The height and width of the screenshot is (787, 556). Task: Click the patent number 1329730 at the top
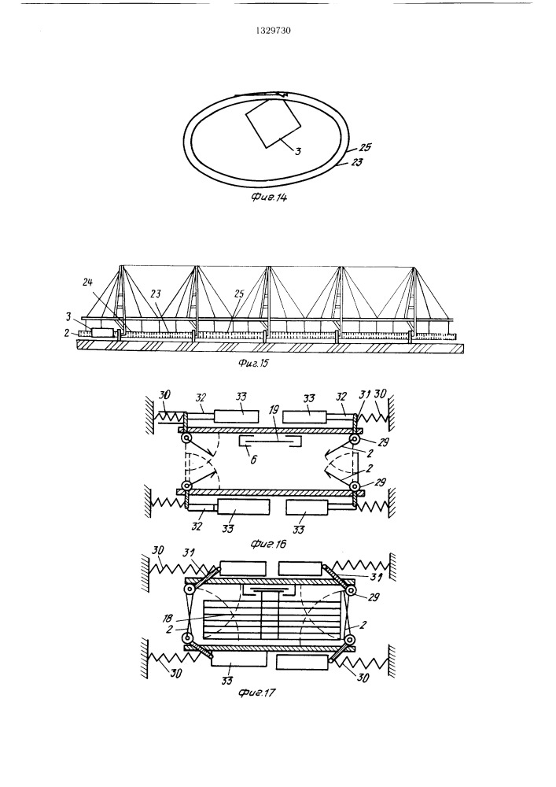point(273,31)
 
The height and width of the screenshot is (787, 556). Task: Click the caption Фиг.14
point(269,198)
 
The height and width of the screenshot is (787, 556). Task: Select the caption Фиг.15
point(253,362)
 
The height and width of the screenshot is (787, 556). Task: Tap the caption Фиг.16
point(267,544)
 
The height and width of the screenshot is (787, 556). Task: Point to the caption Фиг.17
point(258,693)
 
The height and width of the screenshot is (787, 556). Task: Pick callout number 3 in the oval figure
point(298,150)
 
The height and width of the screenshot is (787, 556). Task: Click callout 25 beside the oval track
point(364,148)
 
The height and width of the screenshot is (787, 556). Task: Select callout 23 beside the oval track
point(356,162)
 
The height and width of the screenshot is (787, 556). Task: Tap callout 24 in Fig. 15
point(88,282)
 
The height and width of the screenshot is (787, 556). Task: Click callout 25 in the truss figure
point(239,294)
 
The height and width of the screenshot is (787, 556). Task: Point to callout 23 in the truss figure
point(156,294)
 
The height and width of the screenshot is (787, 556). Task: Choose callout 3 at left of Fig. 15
point(68,317)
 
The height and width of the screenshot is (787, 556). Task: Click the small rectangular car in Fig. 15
point(103,333)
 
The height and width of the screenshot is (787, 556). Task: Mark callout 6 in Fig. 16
point(254,460)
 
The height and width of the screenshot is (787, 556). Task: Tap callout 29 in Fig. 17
point(374,597)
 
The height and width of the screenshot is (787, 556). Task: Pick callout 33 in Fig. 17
point(227,681)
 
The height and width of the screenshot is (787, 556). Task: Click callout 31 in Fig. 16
point(364,395)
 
